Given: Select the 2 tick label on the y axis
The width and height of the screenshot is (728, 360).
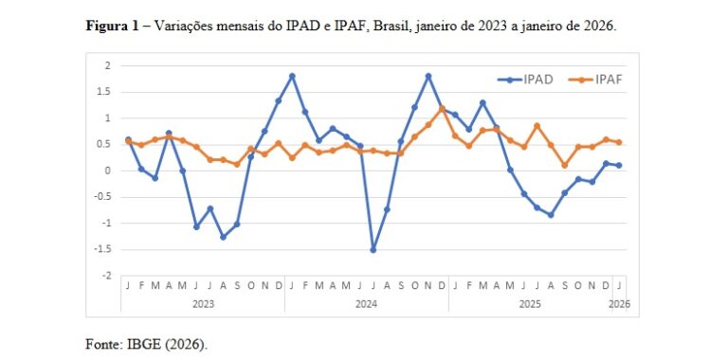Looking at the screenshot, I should point(108,65).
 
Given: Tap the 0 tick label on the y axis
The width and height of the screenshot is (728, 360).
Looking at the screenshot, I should point(108,171).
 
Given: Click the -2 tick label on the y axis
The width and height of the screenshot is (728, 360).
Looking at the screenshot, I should point(106,276).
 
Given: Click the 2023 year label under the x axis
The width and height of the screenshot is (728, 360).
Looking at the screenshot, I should point(202,304).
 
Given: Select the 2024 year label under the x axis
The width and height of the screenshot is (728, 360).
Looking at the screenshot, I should point(366,304).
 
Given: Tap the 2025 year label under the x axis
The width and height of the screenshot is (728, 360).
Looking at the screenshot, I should point(529,304).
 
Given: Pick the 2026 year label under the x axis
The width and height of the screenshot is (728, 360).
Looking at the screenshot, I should point(619,304).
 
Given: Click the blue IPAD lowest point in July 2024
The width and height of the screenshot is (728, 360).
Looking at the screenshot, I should point(373,249).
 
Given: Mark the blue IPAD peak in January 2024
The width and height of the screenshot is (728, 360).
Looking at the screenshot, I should point(292,76).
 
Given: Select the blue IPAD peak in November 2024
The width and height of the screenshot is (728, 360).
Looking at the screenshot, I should point(428,76).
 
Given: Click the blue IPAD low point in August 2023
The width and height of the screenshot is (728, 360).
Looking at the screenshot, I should point(224,237).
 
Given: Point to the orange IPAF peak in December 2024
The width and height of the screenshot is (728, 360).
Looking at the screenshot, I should point(442,109).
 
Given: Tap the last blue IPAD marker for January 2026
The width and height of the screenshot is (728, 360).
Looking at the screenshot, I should point(619,165).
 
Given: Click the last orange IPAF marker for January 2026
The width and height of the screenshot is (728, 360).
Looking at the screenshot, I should point(619,142).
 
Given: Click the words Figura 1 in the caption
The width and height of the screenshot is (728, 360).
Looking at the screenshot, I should point(114,26).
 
